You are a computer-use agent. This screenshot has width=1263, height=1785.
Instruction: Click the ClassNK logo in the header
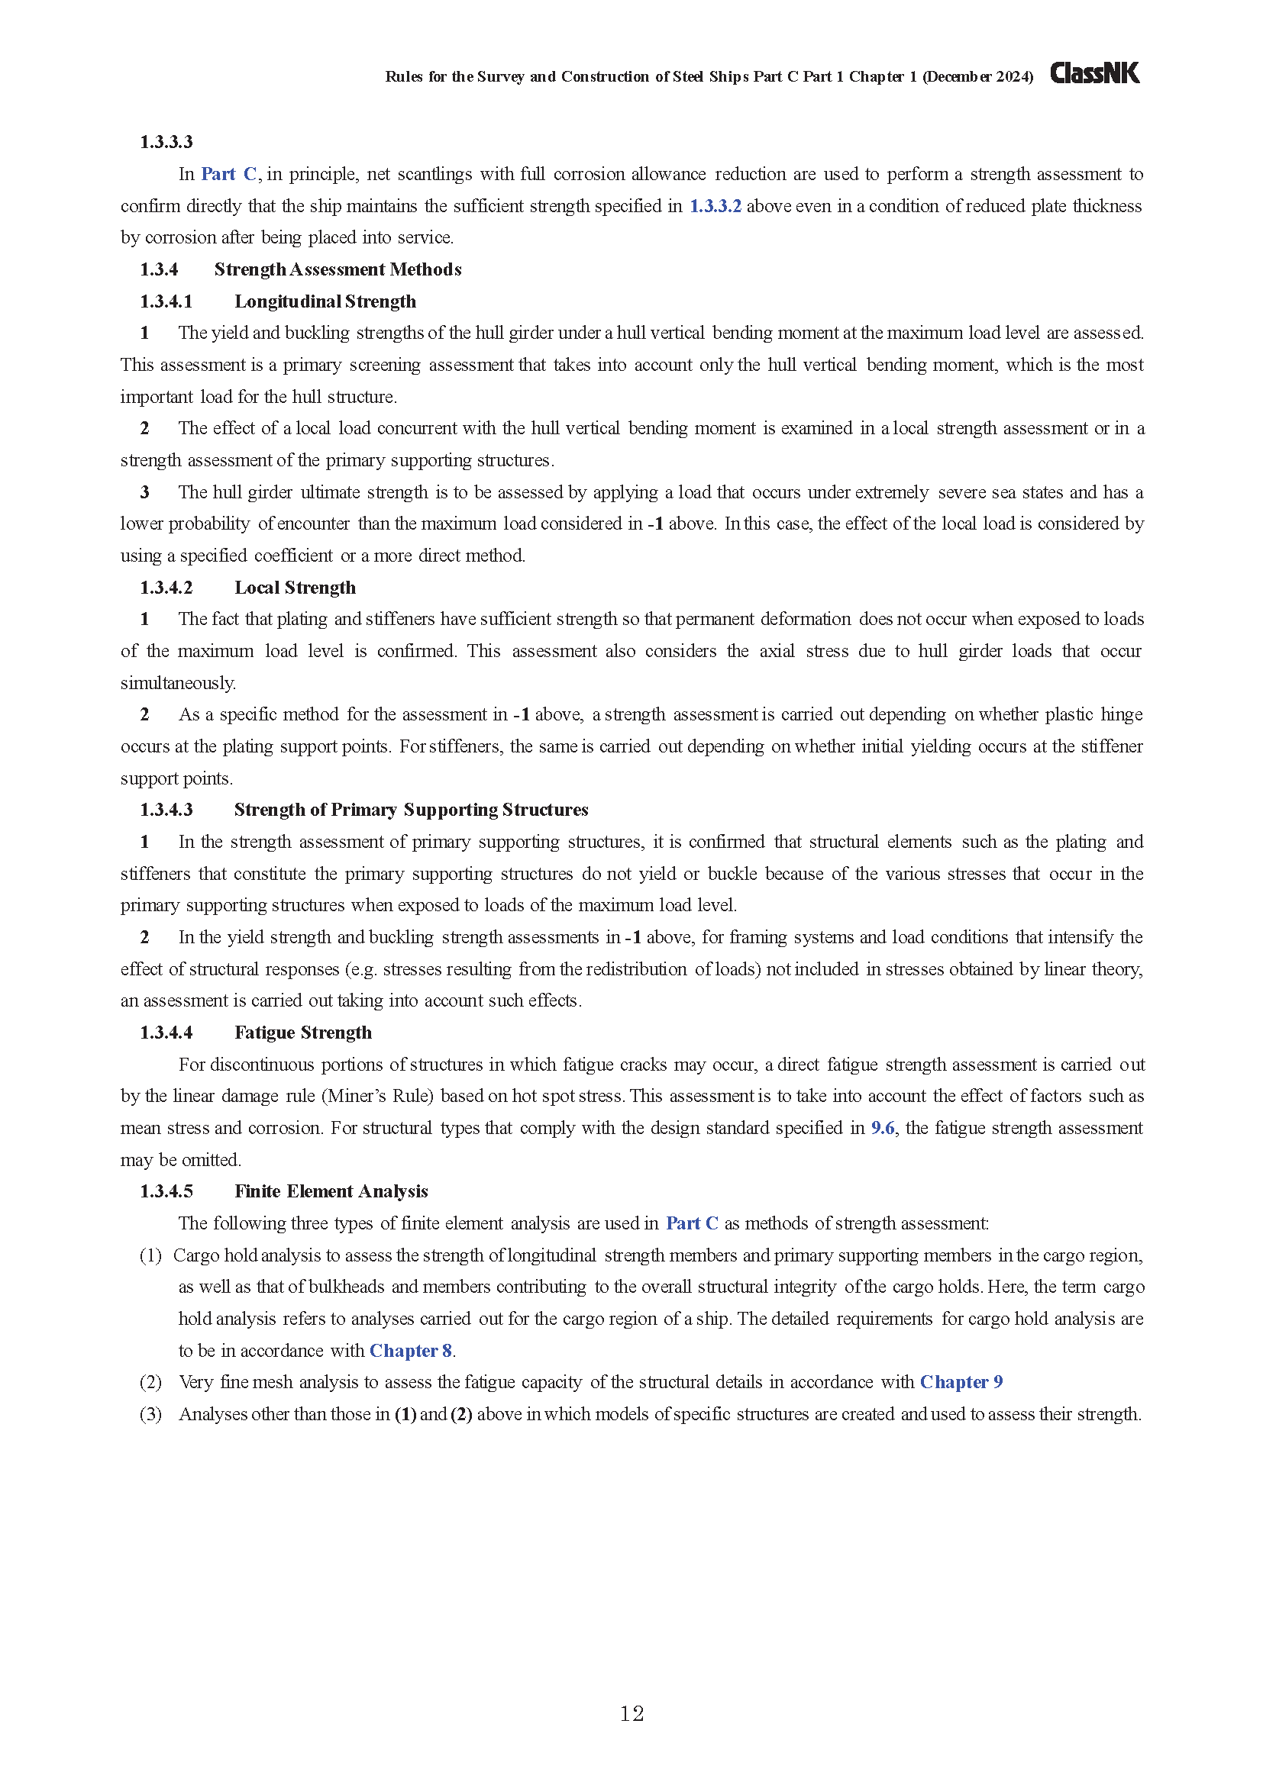(x=1094, y=74)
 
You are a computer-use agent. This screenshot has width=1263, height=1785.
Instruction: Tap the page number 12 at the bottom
(x=631, y=1713)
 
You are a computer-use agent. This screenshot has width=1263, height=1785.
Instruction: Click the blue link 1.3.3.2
(x=715, y=206)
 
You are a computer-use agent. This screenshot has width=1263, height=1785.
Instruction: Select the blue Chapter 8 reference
(x=411, y=1351)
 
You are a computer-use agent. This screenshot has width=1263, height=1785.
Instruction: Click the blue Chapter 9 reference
(x=961, y=1381)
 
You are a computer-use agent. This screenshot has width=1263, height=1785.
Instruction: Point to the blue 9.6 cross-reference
(x=883, y=1127)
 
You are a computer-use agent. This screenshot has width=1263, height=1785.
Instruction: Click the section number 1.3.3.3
(x=166, y=141)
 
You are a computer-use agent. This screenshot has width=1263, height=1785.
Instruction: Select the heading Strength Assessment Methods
(x=338, y=269)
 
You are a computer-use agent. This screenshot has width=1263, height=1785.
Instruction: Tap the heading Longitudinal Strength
(x=325, y=301)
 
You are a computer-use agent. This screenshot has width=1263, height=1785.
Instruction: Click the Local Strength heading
(x=295, y=587)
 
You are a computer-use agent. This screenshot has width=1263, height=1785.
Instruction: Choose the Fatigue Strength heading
(x=302, y=1033)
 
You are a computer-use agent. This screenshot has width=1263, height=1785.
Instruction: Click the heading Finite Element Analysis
(x=331, y=1191)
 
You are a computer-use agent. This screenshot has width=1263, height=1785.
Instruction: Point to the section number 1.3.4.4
(x=166, y=1033)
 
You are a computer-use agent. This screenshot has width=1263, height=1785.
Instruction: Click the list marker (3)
(x=150, y=1413)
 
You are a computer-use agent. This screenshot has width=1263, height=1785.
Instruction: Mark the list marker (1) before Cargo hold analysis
(x=150, y=1255)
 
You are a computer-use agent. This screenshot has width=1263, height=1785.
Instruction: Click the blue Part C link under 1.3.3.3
(x=228, y=174)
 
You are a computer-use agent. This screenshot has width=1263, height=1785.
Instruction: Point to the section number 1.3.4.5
(x=166, y=1191)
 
